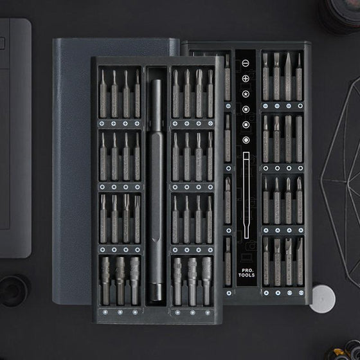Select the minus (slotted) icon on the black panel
(245, 64)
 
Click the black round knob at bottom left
(14, 289)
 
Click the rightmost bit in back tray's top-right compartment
(298, 76)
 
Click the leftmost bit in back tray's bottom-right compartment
(266, 260)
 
